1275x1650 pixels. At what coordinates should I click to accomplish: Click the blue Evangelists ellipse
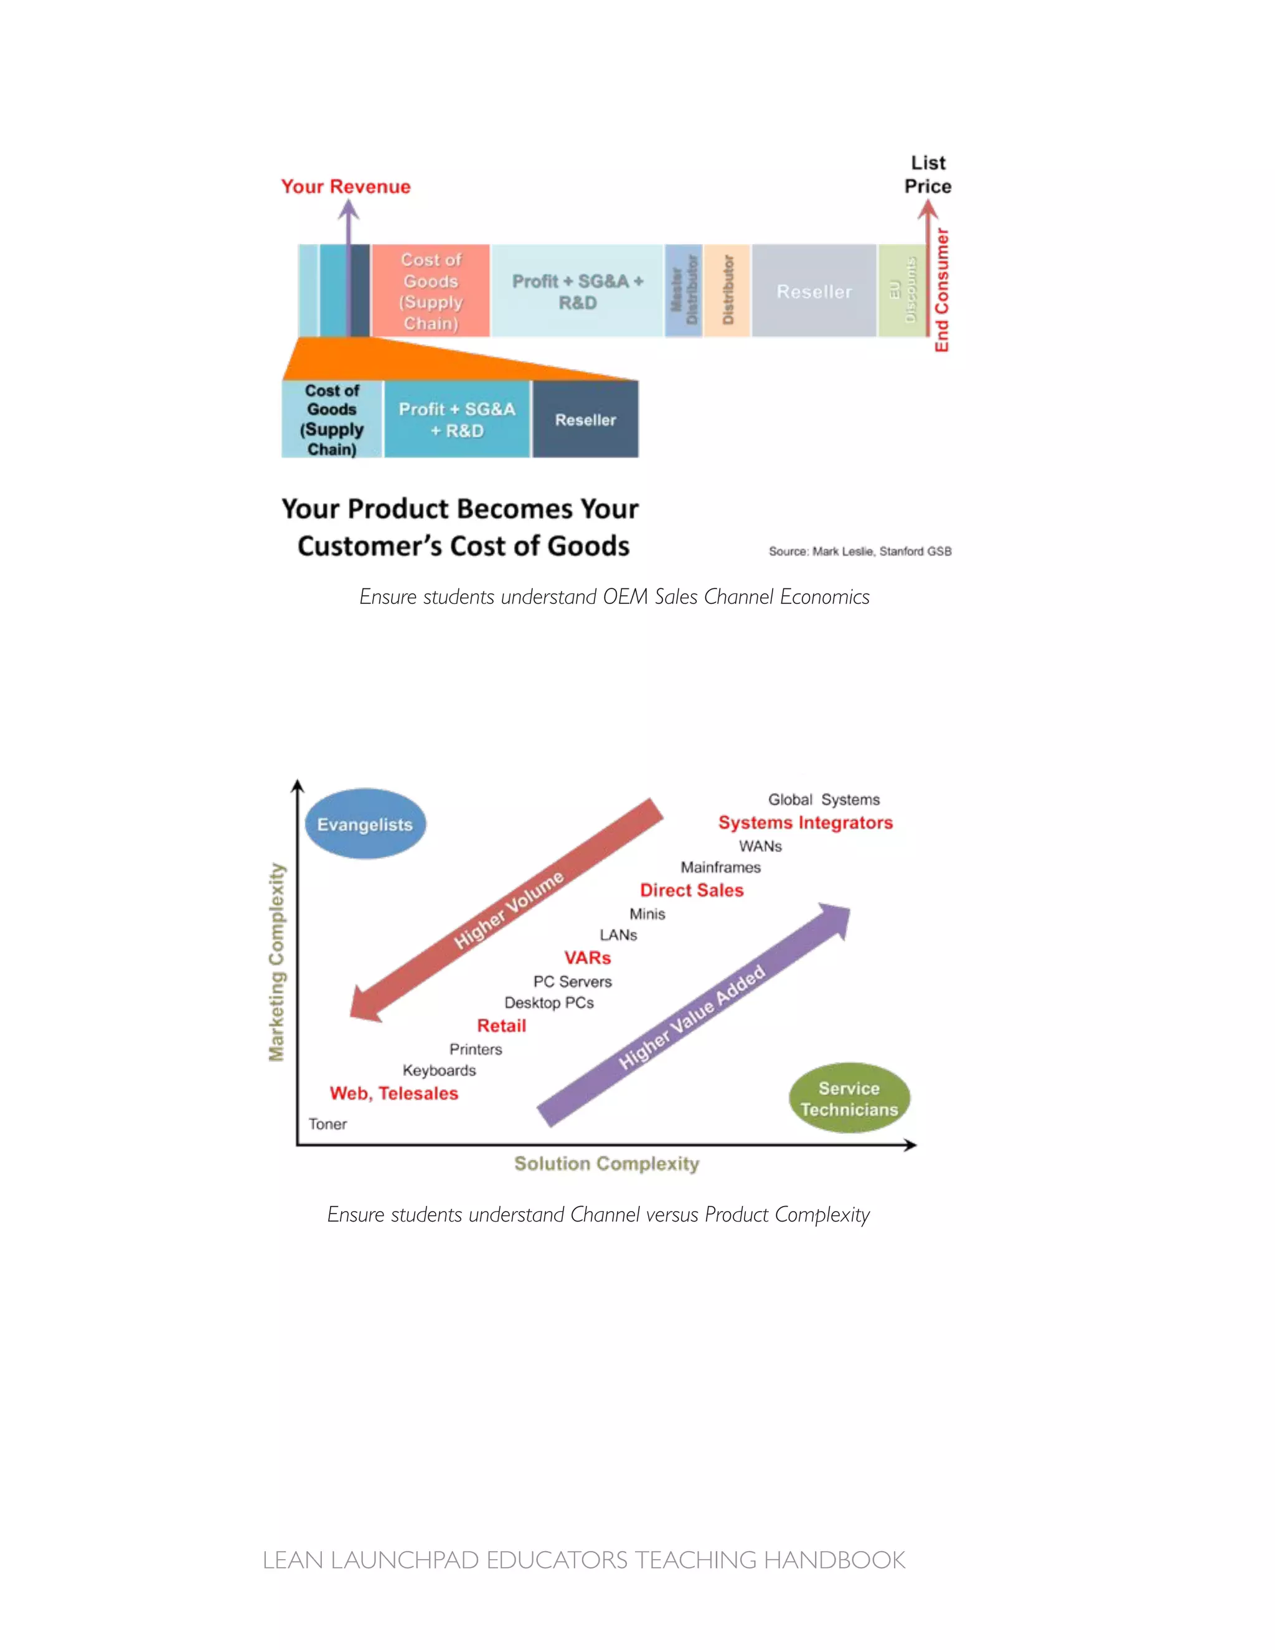pos(365,824)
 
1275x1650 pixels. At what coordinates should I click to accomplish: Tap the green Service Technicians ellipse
pos(849,1098)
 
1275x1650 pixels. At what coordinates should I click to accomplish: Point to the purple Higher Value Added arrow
pos(691,1017)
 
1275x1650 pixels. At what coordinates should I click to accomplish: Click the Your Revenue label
pos(346,187)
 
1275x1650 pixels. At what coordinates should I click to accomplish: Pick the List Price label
pos(928,174)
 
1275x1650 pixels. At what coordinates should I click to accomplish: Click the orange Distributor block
pos(727,290)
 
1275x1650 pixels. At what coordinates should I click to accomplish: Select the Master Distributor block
pos(684,290)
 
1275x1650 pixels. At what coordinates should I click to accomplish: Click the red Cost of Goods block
pos(431,291)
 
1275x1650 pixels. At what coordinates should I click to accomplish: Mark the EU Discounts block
pos(902,290)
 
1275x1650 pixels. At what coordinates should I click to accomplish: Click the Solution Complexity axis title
pos(606,1164)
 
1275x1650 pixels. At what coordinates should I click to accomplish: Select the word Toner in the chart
pos(328,1124)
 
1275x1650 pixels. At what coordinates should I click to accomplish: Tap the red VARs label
pos(587,958)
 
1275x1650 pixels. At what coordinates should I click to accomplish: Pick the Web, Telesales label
pos(393,1093)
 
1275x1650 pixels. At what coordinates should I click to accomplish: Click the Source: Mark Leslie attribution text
pos(860,552)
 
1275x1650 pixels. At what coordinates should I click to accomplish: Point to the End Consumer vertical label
pos(941,290)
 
